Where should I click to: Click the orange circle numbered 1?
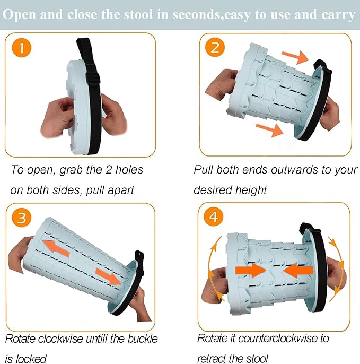[22, 49]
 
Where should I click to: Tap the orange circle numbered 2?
[215, 49]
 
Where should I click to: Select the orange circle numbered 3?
[22, 217]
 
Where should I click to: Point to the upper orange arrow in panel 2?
[295, 55]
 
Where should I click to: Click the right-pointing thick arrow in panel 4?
[251, 270]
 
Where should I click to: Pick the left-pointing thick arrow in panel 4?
[297, 270]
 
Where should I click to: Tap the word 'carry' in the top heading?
[336, 14]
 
